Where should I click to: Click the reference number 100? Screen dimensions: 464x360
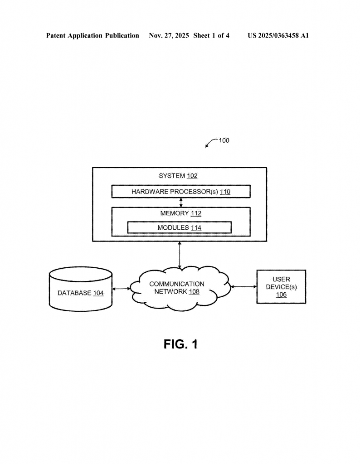coord(224,140)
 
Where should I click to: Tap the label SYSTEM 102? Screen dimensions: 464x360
coord(178,176)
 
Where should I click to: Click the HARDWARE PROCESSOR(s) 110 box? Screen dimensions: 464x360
coord(181,192)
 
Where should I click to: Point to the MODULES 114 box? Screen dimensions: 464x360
coord(179,227)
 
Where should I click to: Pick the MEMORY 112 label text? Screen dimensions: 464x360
coord(180,213)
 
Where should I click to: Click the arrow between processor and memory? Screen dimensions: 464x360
coord(180,203)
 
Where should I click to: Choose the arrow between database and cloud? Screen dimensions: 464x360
coord(121,289)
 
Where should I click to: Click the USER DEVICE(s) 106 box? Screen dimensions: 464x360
coord(281,287)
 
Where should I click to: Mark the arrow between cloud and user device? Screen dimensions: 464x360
coord(244,286)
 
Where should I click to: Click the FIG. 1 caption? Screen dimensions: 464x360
coord(180,344)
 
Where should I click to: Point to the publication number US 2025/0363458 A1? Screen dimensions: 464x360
coord(278,35)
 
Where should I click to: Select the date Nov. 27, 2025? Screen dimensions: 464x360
coord(169,35)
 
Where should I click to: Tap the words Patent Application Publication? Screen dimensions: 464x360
coord(92,35)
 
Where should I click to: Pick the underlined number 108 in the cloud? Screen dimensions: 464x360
coord(194,292)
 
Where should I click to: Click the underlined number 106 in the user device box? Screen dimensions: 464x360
coord(281,295)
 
